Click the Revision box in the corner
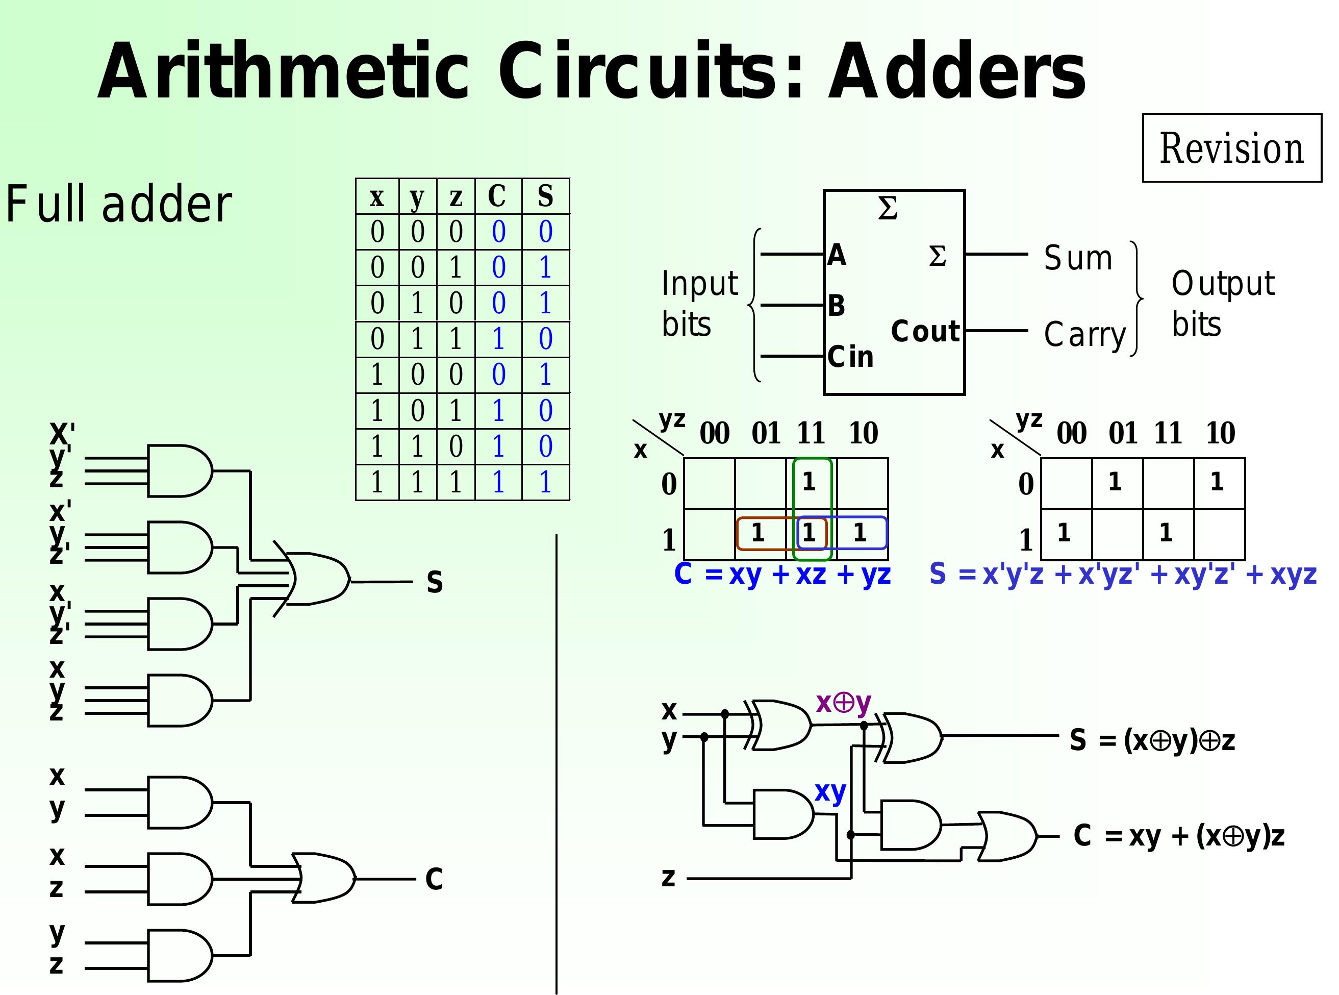(x=1231, y=147)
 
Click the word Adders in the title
(x=957, y=72)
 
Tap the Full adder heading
(x=119, y=205)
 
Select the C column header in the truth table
(x=497, y=196)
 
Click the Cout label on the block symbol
(x=925, y=331)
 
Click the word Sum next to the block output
(x=1078, y=258)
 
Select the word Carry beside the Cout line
(x=1084, y=334)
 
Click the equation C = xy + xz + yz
(x=782, y=574)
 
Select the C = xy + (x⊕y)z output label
(x=1179, y=836)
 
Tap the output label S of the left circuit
(x=435, y=582)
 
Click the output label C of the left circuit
(x=434, y=879)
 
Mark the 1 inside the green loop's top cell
(x=809, y=482)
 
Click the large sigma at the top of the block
(x=888, y=209)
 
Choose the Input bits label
(x=699, y=304)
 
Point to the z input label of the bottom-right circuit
(x=668, y=878)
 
